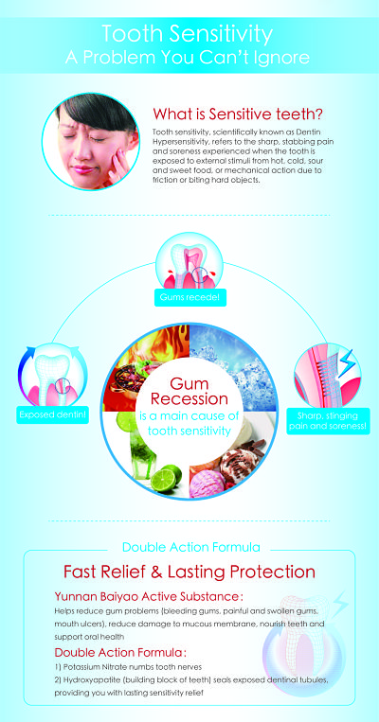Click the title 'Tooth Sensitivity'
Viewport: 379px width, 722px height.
[x=188, y=34]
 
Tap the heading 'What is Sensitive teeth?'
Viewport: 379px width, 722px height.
[x=238, y=113]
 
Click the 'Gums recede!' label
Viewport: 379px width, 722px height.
[x=189, y=298]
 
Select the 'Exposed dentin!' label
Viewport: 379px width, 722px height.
[x=52, y=415]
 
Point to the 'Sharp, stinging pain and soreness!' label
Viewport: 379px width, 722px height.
[x=328, y=421]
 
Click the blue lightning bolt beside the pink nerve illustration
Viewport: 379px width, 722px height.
[x=347, y=362]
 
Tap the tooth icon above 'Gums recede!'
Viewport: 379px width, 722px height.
[x=189, y=261]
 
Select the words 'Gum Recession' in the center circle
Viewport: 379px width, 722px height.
[x=189, y=391]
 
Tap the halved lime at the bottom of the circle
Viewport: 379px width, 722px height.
[x=166, y=478]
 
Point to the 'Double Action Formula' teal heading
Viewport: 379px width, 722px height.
[x=190, y=547]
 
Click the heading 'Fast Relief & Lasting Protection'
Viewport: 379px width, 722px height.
[x=189, y=572]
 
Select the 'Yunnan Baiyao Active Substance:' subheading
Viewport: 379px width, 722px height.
[x=149, y=597]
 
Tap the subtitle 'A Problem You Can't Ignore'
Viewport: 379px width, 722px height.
[x=188, y=58]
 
